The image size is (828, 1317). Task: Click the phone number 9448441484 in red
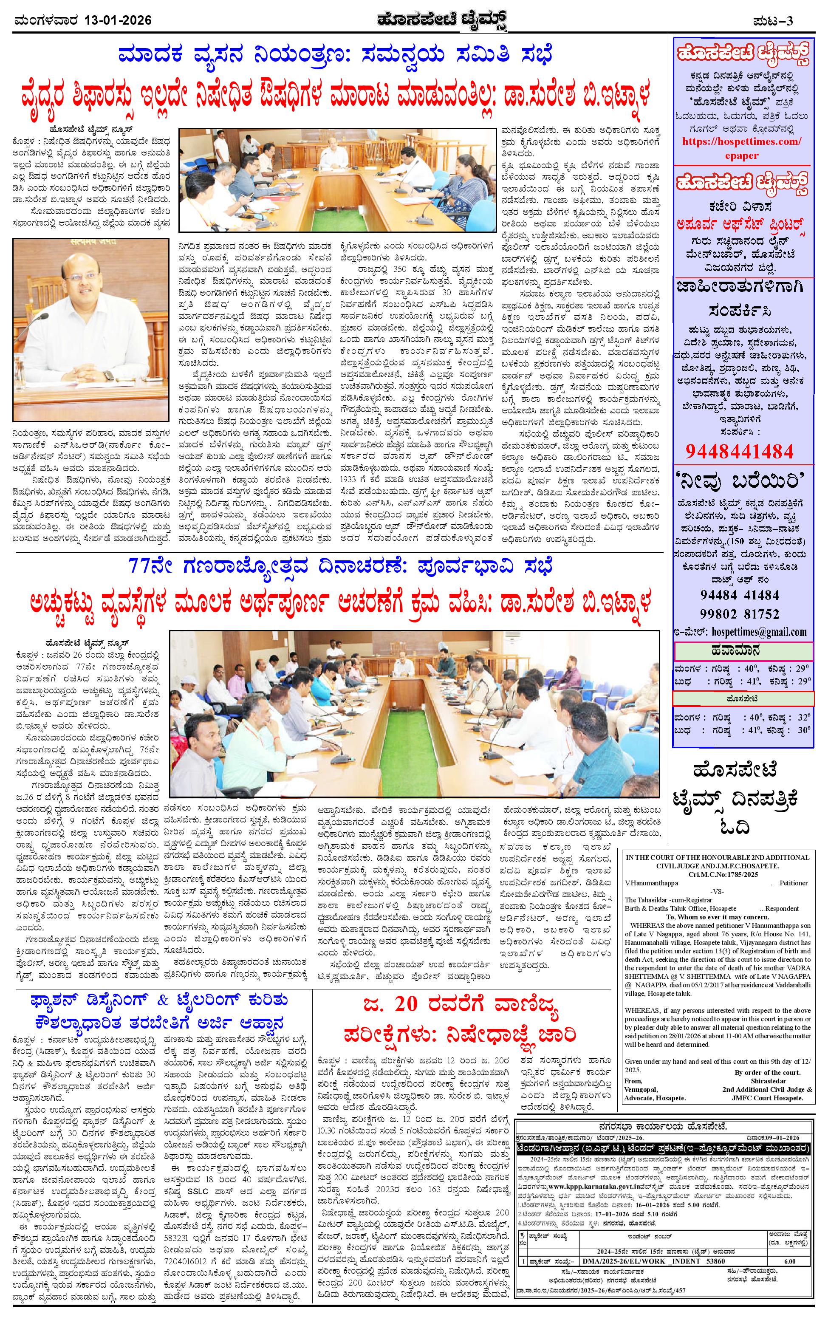coord(739,451)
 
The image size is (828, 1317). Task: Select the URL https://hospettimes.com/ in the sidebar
coord(743,141)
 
